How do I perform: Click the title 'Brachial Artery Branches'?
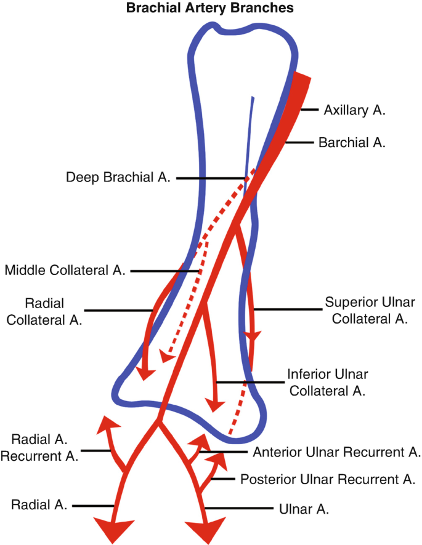(x=209, y=9)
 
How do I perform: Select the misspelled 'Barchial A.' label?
(x=351, y=143)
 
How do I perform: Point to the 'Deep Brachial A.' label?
(x=118, y=178)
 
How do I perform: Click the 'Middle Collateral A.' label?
(x=65, y=271)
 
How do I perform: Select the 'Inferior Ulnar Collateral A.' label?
(x=327, y=382)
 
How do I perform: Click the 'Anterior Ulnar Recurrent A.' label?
(x=337, y=452)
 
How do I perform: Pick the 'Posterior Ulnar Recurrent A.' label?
(x=328, y=479)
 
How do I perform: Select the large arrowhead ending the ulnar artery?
(x=205, y=528)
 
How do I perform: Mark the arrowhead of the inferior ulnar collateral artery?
(x=215, y=405)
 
